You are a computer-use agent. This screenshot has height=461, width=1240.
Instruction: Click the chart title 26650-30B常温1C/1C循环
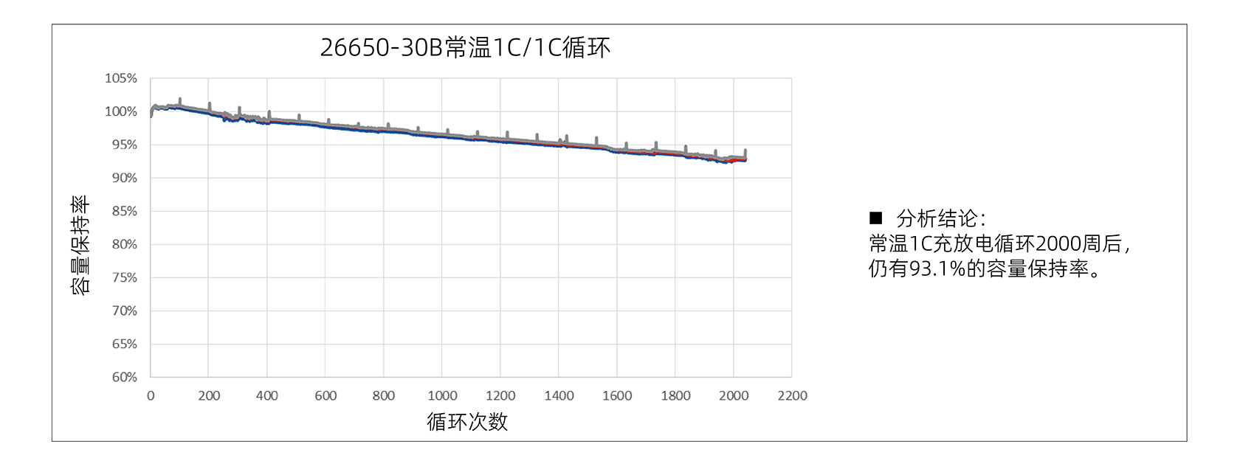[x=465, y=48]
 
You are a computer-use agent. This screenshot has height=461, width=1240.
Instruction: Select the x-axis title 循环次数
[x=467, y=422]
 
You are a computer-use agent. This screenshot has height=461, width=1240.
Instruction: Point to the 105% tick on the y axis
[x=121, y=78]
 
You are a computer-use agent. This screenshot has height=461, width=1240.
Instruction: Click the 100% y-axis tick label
[x=121, y=111]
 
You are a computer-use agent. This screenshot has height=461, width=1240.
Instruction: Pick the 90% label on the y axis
[x=124, y=178]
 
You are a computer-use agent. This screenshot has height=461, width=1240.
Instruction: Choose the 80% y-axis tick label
[x=124, y=244]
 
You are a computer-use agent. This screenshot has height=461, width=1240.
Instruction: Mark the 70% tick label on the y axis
[x=124, y=311]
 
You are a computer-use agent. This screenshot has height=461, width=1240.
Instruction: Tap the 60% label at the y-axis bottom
[x=124, y=377]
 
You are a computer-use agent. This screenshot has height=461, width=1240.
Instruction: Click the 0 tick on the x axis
[x=151, y=396]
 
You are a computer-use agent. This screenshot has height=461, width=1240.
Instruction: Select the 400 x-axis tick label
[x=267, y=396]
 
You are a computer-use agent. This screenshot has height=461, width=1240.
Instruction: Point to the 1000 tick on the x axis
[x=442, y=396]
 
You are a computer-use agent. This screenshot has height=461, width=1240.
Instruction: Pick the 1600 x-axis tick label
[x=617, y=396]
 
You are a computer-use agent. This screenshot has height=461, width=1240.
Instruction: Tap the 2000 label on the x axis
[x=734, y=396]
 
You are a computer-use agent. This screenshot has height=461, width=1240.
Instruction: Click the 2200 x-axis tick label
[x=792, y=396]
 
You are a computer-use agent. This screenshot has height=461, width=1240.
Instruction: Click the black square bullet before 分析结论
[x=876, y=218]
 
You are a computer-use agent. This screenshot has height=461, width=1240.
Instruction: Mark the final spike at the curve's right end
[x=745, y=152]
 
